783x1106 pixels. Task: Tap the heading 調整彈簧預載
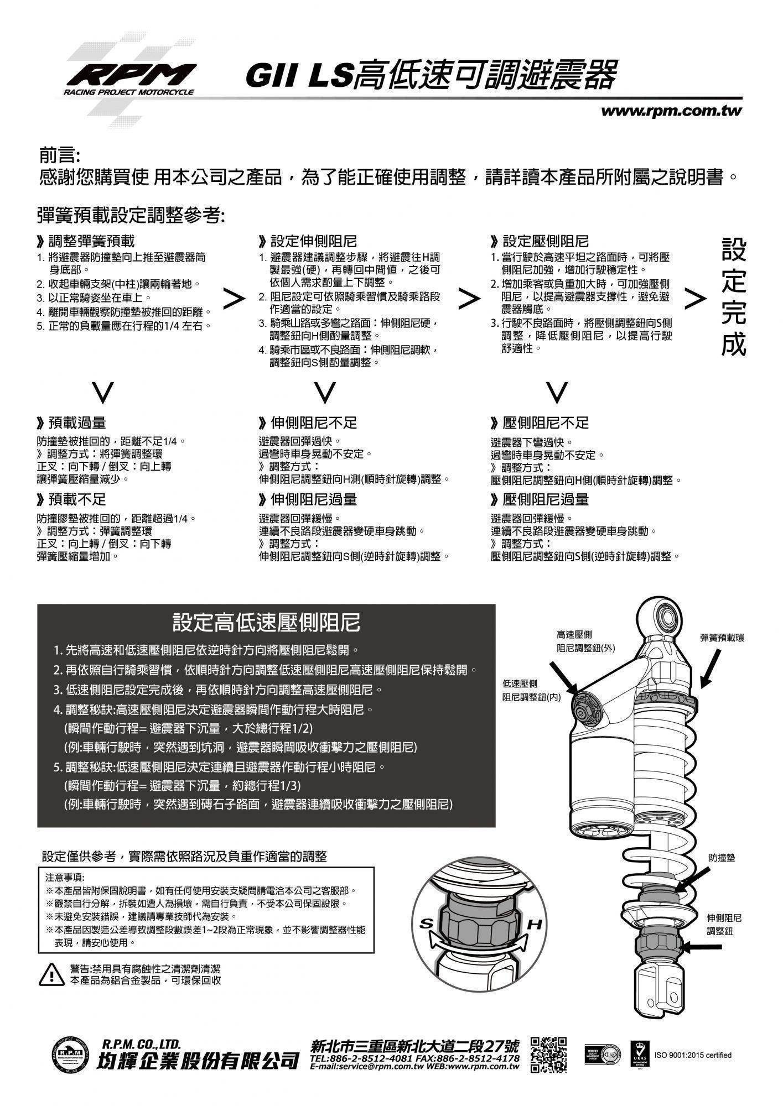tap(91, 241)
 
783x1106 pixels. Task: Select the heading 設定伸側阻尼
tap(313, 241)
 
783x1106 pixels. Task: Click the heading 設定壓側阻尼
tap(545, 241)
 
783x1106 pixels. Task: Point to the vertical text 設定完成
tap(734, 297)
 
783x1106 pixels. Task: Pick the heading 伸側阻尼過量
tap(313, 499)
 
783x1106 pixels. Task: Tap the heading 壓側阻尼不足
tap(545, 423)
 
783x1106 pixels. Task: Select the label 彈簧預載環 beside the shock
tap(722, 638)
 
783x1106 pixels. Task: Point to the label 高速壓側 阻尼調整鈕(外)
tap(585, 641)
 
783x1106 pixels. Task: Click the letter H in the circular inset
tap(536, 924)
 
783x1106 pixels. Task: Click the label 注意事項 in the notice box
tap(64, 878)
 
